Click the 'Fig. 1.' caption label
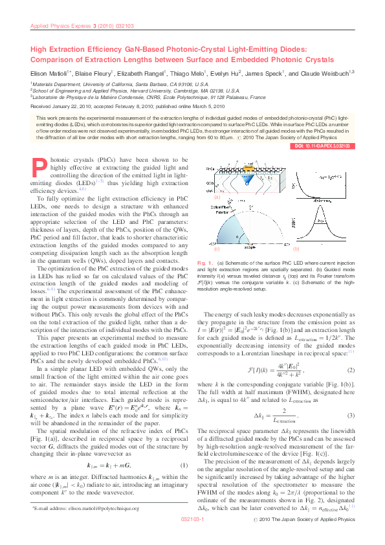(x=202, y=263)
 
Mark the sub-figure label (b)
(x=296, y=249)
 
